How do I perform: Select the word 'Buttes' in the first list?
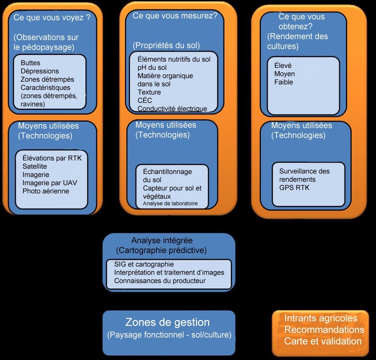31,63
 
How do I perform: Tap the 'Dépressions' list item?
40,71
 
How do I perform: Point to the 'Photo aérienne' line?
46,191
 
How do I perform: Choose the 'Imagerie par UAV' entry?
48,183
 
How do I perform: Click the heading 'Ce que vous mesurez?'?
175,16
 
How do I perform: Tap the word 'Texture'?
149,92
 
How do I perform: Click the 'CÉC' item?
145,100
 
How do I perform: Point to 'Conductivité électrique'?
172,108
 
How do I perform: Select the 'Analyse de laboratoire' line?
170,204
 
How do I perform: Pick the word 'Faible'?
284,82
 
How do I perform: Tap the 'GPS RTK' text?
295,187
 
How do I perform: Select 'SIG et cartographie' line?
144,264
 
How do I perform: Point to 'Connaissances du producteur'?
160,281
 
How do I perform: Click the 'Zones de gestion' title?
167,322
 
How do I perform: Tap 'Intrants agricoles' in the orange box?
321,318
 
